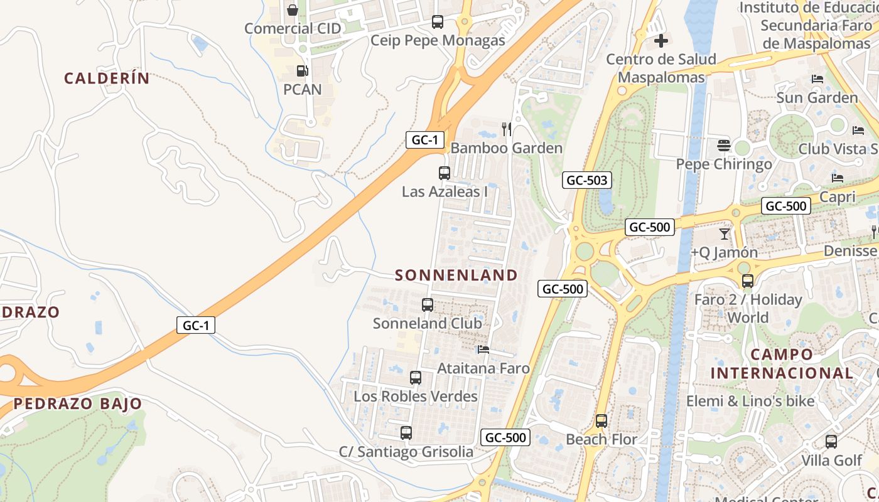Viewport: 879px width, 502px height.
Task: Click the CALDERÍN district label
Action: [107, 78]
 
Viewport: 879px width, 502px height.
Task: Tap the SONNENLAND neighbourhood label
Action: [456, 275]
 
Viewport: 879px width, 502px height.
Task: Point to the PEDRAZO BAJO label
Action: [78, 403]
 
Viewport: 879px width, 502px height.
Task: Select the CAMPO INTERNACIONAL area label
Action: [782, 363]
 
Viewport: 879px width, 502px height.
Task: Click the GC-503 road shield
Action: [587, 181]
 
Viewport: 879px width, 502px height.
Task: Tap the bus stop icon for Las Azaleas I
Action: [445, 173]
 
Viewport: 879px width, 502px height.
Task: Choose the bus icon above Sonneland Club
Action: [428, 305]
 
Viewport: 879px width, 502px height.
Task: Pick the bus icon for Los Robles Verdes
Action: [416, 378]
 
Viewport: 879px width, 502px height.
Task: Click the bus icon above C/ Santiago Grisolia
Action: [406, 432]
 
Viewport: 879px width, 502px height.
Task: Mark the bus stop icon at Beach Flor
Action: [601, 421]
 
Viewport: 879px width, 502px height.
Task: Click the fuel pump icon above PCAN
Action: [302, 71]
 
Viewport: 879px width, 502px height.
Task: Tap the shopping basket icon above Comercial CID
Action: [293, 10]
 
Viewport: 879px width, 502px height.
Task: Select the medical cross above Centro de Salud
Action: [661, 41]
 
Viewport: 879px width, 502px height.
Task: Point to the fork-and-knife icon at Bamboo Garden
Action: [507, 129]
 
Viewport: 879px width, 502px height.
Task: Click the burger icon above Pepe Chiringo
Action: [724, 146]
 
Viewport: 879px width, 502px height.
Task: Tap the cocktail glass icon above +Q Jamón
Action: [725, 233]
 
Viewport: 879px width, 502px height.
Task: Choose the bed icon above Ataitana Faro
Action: [483, 350]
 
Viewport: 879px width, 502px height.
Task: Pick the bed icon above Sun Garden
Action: [817, 79]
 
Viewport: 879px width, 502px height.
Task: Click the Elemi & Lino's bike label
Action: [750, 401]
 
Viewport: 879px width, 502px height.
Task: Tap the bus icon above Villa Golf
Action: [831, 442]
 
